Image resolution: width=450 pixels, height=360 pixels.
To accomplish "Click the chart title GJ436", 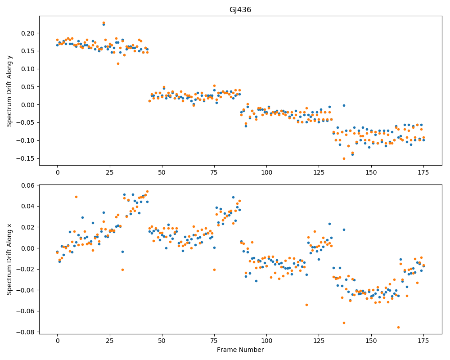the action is pyautogui.click(x=240, y=10).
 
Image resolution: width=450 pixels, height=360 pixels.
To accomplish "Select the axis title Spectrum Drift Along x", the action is pyautogui.click(x=9, y=259).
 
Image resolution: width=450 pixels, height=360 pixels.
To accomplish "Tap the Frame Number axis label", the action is pyautogui.click(x=240, y=350).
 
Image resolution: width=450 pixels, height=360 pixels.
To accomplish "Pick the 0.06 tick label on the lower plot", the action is pyautogui.click(x=28, y=185).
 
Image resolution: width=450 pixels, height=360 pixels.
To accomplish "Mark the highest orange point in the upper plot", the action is pyautogui.click(x=103, y=22).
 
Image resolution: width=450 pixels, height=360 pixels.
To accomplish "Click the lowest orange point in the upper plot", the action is pyautogui.click(x=344, y=158).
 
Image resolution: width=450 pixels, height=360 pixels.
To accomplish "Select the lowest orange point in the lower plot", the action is pyautogui.click(x=398, y=327).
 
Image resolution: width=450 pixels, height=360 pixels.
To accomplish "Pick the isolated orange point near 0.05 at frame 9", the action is pyautogui.click(x=76, y=197).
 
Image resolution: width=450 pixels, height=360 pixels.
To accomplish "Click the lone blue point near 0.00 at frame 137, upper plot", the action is pyautogui.click(x=344, y=106).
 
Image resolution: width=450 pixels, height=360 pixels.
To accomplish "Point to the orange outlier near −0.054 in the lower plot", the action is pyautogui.click(x=306, y=305).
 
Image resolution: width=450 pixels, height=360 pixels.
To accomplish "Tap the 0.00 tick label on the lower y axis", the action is pyautogui.click(x=28, y=248).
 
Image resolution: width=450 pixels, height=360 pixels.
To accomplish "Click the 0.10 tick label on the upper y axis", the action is pyautogui.click(x=28, y=69).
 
